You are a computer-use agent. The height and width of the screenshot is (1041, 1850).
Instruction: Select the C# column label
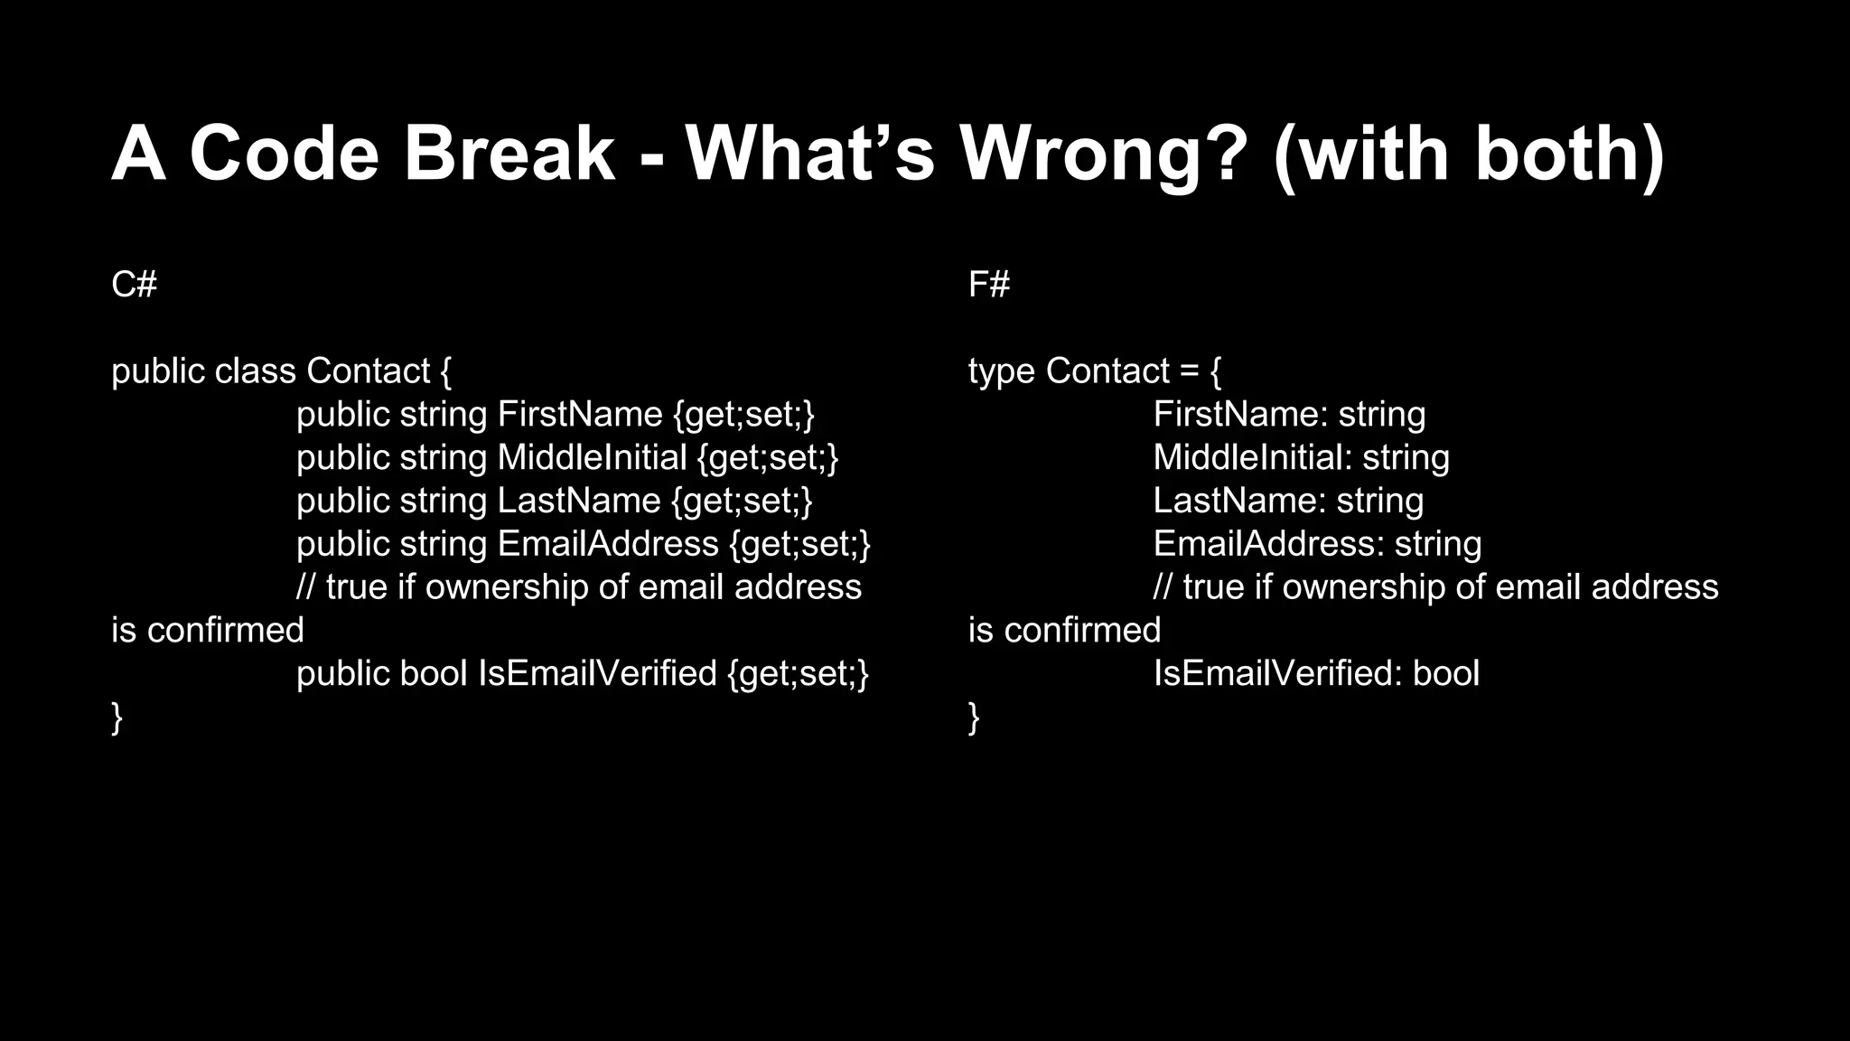pos(134,285)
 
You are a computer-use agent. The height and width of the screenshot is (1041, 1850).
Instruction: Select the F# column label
pos(989,285)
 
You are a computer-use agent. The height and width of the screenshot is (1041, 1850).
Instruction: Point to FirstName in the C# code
pos(580,415)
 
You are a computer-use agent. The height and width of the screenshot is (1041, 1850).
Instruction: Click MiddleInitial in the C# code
pos(592,458)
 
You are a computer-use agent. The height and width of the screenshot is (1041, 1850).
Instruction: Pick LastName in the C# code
pos(579,502)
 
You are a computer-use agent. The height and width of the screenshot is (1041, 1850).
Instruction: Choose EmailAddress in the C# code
pos(608,544)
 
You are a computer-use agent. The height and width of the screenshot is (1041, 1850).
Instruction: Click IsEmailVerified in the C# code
pos(597,674)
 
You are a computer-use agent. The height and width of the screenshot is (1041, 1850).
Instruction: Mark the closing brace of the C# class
pos(117,717)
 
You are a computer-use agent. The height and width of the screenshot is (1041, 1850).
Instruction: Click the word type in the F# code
pos(1001,371)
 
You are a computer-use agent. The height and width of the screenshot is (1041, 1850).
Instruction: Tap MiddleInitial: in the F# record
pos(1252,458)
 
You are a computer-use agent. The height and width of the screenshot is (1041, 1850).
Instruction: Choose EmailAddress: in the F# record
pos(1268,544)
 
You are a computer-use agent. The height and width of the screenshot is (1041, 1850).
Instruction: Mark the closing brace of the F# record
pos(974,717)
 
